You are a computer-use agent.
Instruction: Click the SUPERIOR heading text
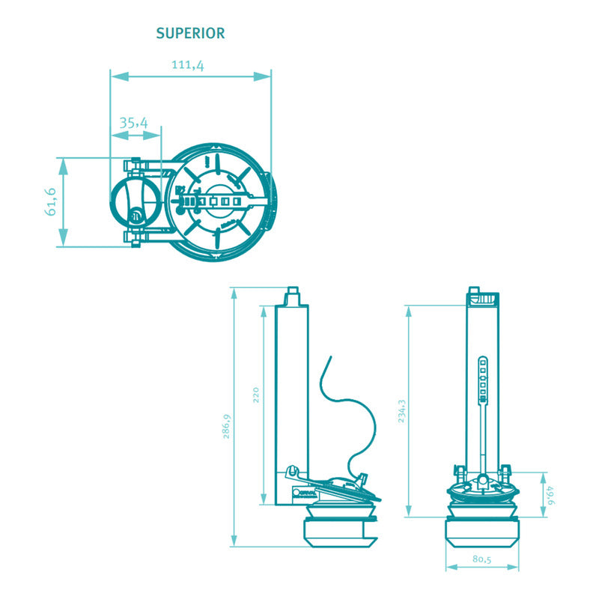190,34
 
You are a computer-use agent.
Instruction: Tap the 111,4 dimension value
188,65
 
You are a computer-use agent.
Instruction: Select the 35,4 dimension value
134,122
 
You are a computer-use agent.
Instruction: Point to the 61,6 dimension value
51,201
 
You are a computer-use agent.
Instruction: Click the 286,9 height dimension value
225,426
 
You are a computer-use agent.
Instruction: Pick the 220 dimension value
255,395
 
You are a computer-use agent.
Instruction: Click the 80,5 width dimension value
481,559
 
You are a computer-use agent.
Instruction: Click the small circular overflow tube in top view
136,202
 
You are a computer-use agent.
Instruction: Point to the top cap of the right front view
482,298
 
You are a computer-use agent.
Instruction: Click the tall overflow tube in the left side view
292,389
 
